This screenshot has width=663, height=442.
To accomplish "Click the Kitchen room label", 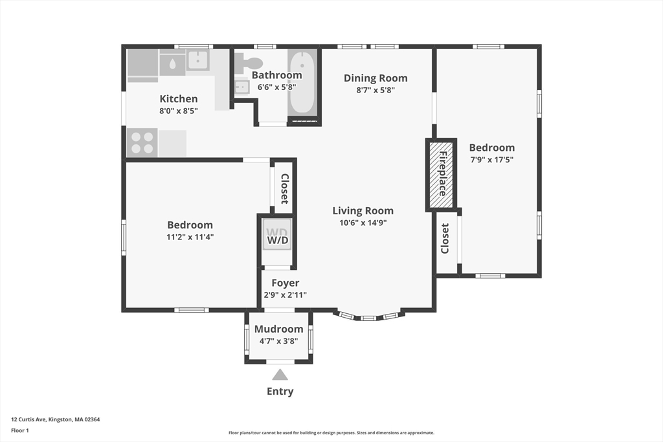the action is point(179,99).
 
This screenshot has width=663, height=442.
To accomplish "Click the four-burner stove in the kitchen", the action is point(142,143).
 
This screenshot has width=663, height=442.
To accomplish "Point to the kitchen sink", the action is point(198,60).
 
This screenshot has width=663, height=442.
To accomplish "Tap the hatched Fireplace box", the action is point(442,173).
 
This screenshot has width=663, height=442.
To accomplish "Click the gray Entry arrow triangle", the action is point(280,375).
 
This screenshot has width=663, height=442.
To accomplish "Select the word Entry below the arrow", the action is point(280,392).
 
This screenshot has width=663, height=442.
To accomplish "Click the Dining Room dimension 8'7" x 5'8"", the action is point(376,90).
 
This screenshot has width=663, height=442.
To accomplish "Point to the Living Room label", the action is point(363,211).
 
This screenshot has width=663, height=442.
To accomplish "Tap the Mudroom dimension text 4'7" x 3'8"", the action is point(278,340).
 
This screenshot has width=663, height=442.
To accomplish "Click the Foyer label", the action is point(286,283).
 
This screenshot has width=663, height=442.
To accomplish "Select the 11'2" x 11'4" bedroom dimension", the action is point(190,237).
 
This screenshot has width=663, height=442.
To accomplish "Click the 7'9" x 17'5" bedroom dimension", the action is point(492,160).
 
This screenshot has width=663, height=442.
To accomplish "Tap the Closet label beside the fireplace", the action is point(445,238).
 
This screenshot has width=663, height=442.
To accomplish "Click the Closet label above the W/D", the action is point(285,189).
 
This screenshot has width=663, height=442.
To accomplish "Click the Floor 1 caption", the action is point(20,430).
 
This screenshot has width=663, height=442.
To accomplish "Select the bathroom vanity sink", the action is point(242,87).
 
